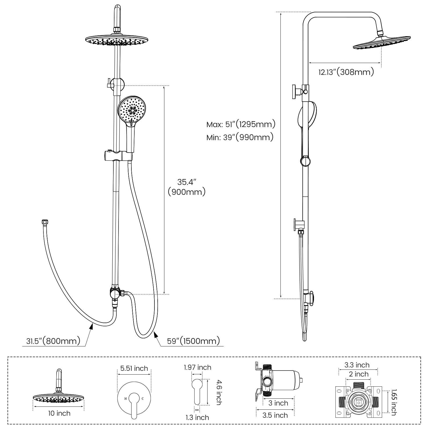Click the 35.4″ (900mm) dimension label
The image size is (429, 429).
click(x=187, y=187)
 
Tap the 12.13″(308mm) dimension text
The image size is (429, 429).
click(x=346, y=72)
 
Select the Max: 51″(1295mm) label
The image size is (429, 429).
click(x=241, y=124)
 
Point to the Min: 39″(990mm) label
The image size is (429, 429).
click(x=240, y=137)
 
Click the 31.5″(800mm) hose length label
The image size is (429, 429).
click(x=53, y=341)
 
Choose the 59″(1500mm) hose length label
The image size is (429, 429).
click(x=193, y=341)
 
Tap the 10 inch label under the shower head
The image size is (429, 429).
click(x=59, y=413)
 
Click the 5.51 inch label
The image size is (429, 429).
click(x=134, y=368)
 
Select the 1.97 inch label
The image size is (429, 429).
click(x=197, y=367)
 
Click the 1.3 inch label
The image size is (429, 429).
click(x=197, y=417)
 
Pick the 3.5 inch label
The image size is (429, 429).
click(x=275, y=415)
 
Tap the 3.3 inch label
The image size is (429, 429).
click(x=357, y=365)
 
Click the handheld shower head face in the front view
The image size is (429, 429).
click(x=132, y=109)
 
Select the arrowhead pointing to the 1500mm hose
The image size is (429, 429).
click(x=155, y=334)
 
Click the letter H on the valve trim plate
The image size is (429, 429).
click(x=125, y=399)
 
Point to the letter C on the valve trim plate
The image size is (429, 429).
click(x=143, y=399)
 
